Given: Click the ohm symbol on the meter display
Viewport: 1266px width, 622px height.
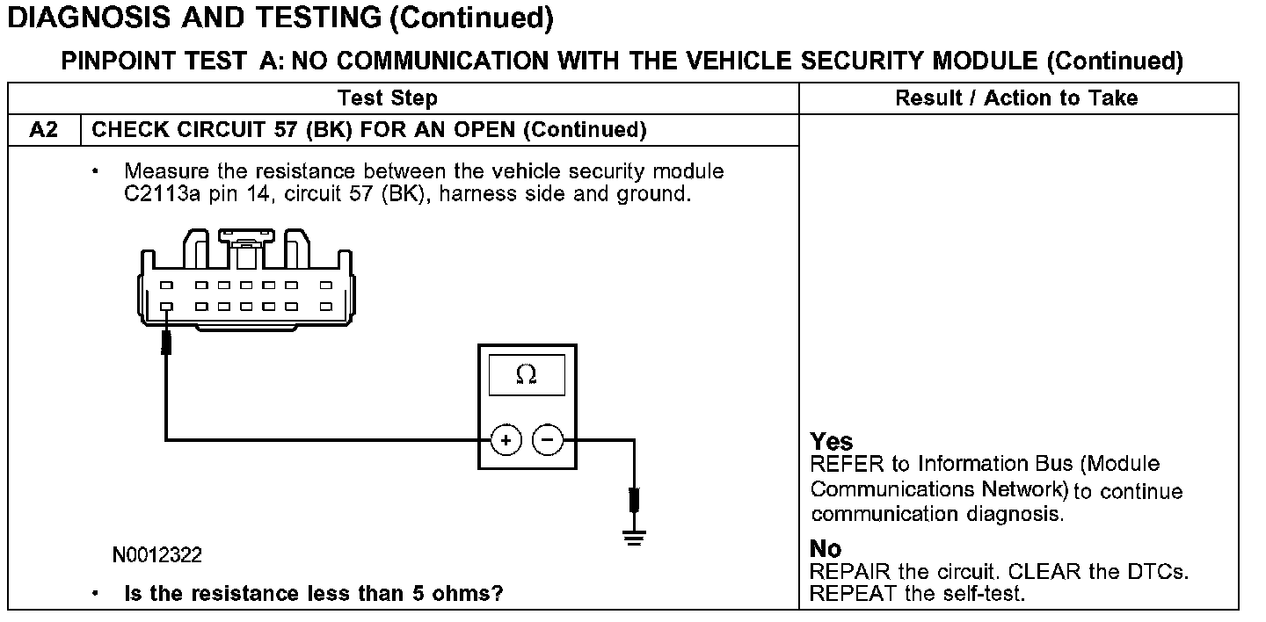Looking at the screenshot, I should pyautogui.click(x=526, y=375).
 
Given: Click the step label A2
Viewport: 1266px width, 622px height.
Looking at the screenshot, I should pyautogui.click(x=43, y=130).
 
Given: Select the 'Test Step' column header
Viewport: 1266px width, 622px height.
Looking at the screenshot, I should pyautogui.click(x=387, y=98).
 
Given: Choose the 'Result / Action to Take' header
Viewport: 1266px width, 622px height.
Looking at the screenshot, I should pyautogui.click(x=1016, y=98).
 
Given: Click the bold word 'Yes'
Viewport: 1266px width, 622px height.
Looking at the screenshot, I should pyautogui.click(x=832, y=441).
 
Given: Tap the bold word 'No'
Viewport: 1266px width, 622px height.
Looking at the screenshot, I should pyautogui.click(x=826, y=549).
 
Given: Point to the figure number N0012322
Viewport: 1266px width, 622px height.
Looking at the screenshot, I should pyautogui.click(x=157, y=555).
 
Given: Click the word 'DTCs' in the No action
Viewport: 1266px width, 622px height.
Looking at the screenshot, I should pyautogui.click(x=1159, y=572).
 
